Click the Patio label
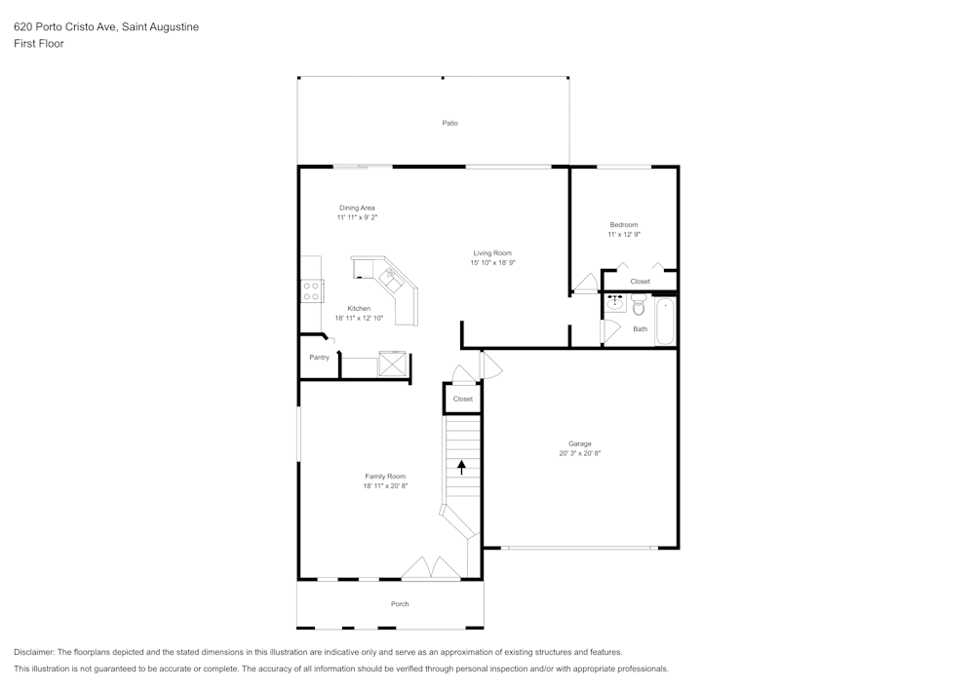coord(449,123)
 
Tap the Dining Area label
coord(357,209)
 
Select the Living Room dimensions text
coord(492,263)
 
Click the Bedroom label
coord(624,225)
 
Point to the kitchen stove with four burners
coord(311,291)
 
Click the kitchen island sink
coord(392,280)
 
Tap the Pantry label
coord(319,358)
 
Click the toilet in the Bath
coord(639,304)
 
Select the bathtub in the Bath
coord(665,321)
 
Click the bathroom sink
coord(615,304)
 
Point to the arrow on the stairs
coord(462,467)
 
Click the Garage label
coord(579,443)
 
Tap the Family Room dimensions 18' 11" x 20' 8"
coord(385,486)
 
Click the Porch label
coord(400,604)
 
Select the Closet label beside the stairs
coord(462,399)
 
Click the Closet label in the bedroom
coord(640,282)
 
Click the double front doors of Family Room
coord(431,568)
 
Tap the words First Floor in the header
coord(39,44)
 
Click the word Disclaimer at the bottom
coord(33,652)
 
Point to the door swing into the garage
coord(491,365)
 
